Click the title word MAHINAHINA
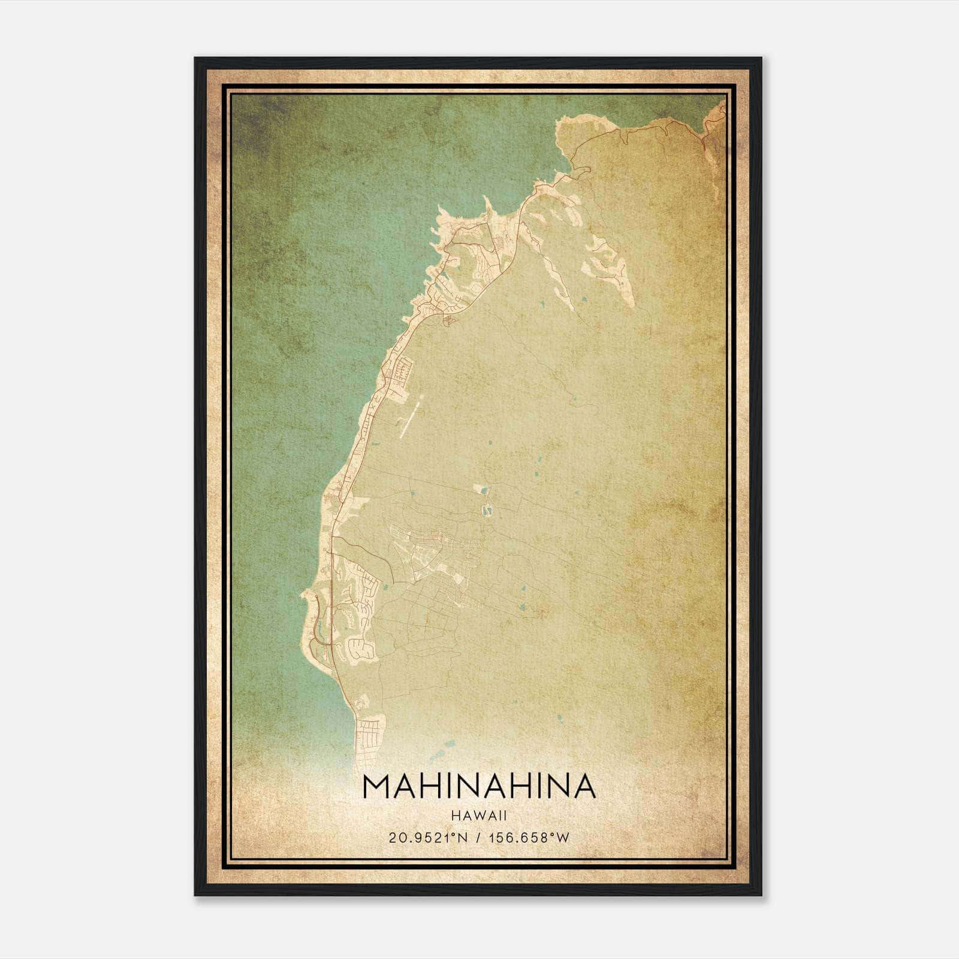(479, 786)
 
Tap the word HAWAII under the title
(479, 816)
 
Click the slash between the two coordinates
(478, 838)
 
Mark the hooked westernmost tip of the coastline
(308, 596)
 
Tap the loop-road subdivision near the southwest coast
(361, 647)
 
